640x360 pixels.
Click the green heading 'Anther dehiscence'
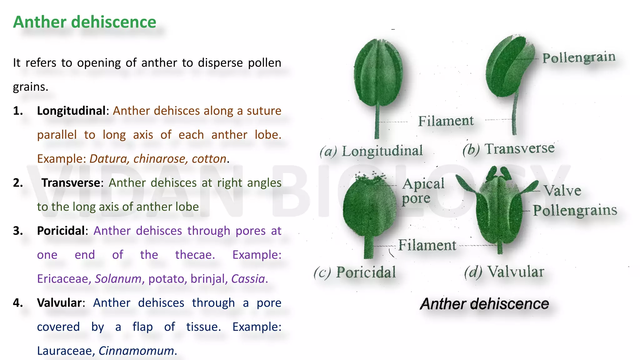84,22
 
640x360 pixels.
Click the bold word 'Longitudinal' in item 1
71,111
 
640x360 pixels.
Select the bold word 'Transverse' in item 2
71,183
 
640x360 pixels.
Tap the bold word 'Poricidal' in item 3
61,231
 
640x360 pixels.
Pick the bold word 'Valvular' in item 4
59,303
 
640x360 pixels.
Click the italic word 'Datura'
108,159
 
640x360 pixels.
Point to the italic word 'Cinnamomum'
136,351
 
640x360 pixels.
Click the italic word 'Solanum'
118,279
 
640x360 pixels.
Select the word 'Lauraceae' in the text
64,351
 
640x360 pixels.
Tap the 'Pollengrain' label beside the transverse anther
579,58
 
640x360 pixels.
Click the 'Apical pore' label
422,191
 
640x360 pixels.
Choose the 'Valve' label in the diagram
562,191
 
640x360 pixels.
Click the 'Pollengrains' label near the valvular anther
575,211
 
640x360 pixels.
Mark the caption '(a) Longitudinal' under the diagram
371,151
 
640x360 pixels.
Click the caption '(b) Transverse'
508,149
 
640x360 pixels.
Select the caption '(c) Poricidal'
355,272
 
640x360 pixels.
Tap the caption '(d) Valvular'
504,272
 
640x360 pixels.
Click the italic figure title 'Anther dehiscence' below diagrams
484,304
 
